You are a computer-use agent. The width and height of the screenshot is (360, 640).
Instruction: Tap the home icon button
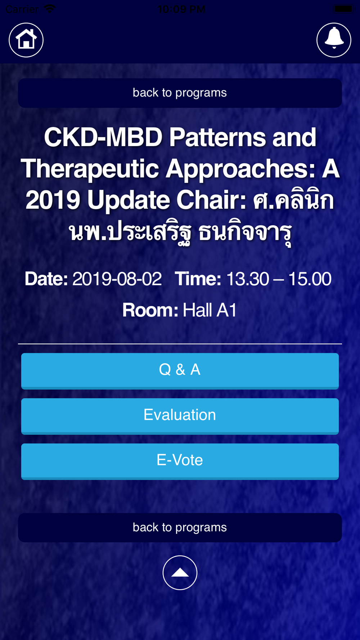click(x=26, y=40)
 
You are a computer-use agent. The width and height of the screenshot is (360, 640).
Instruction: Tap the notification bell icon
click(x=334, y=40)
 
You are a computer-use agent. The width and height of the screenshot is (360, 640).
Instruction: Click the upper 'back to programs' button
click(x=180, y=93)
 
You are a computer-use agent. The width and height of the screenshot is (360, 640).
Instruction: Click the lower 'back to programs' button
click(x=180, y=527)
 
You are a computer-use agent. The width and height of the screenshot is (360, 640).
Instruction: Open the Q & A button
click(x=180, y=371)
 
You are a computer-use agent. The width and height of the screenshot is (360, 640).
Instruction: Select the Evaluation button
click(x=180, y=416)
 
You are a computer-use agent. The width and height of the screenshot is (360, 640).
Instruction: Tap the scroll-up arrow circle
click(x=180, y=573)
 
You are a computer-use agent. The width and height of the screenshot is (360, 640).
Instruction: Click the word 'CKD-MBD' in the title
click(x=103, y=138)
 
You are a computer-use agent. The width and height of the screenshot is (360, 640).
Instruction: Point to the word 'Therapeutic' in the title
click(x=90, y=169)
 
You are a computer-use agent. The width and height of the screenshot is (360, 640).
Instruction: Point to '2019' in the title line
click(x=53, y=200)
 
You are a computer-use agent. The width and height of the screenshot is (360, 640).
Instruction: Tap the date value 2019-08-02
click(x=117, y=279)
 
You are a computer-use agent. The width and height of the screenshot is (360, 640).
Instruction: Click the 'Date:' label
click(x=46, y=279)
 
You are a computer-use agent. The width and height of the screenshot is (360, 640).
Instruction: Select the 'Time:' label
click(x=198, y=279)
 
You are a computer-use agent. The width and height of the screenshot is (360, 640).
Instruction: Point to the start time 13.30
click(x=247, y=279)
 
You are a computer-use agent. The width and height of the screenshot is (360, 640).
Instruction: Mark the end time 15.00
click(x=310, y=279)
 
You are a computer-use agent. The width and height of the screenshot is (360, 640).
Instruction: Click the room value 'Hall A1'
click(x=210, y=310)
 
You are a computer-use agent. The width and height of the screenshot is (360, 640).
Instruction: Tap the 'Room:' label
click(x=150, y=310)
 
